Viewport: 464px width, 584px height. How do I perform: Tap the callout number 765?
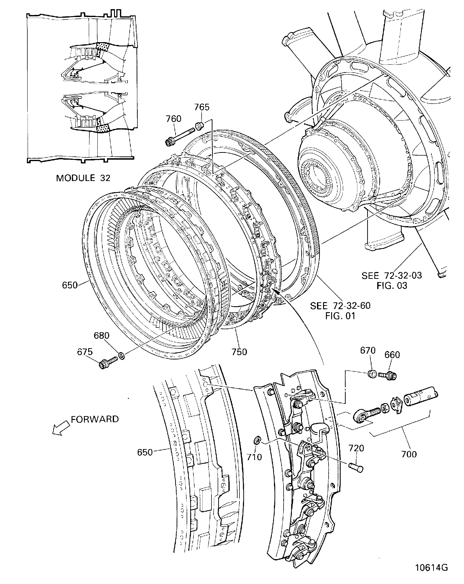coord(202,107)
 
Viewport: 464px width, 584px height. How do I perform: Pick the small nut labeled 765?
coord(200,126)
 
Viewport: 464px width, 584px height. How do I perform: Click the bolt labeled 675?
coord(108,362)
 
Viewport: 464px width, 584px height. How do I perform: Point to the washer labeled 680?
coord(122,355)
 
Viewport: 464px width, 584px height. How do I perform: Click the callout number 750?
coord(239,352)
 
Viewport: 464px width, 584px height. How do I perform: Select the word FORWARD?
coord(95,419)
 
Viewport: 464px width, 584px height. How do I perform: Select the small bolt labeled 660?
coord(389,376)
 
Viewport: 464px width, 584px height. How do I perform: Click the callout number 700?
coord(409,454)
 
